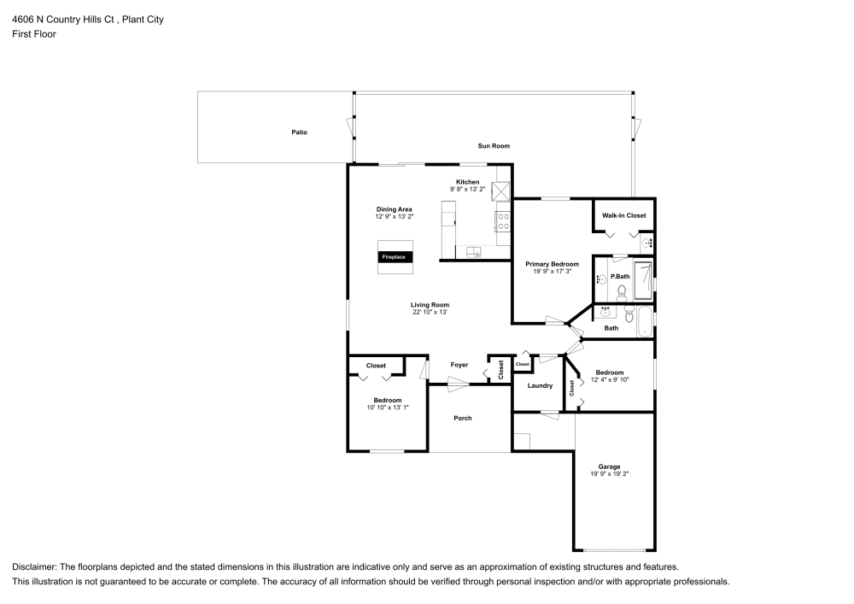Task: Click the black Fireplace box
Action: pos(395,256)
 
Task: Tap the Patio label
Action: pos(299,132)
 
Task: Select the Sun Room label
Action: pos(494,146)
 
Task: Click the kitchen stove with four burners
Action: pos(503,222)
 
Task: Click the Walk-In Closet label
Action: pos(623,215)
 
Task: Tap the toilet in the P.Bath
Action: pos(622,291)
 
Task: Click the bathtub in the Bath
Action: pos(641,322)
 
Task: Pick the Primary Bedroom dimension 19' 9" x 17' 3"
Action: pos(552,273)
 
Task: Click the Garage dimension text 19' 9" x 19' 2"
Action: pos(609,474)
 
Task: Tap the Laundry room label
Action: pos(540,385)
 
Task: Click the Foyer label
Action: pos(459,365)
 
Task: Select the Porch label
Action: pos(463,418)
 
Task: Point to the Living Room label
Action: pos(430,304)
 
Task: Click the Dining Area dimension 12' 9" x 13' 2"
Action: pos(395,217)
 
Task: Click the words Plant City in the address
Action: pos(144,19)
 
